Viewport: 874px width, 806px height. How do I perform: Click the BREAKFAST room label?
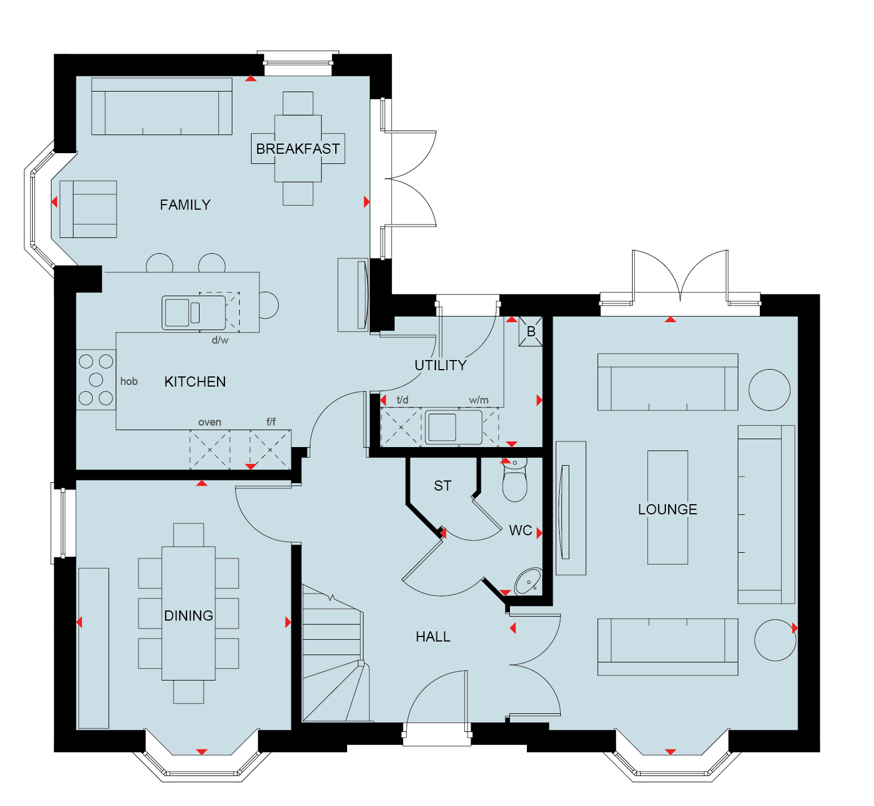[x=298, y=149]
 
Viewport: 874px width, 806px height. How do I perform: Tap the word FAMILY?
[x=185, y=205]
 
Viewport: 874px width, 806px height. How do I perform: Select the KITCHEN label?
[x=195, y=382]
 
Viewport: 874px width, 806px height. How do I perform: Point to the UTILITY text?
[x=440, y=365]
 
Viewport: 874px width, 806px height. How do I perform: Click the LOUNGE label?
[x=668, y=509]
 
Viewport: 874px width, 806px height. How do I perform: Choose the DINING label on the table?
[x=188, y=616]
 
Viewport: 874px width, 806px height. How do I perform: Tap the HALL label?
[x=433, y=636]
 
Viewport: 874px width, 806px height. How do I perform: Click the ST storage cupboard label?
[x=443, y=486]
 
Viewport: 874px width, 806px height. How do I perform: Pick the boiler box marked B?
[x=531, y=332]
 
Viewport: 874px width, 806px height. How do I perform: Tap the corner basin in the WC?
[x=528, y=582]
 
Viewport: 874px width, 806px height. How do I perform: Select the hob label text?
[x=129, y=382]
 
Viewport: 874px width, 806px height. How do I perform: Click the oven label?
[x=210, y=422]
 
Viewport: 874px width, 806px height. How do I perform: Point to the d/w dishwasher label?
[x=220, y=340]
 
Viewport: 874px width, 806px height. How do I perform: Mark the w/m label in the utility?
[x=479, y=400]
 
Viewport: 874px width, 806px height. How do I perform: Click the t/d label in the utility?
[x=403, y=400]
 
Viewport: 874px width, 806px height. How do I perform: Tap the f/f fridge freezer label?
[x=271, y=422]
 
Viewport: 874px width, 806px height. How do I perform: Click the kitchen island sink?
[x=194, y=313]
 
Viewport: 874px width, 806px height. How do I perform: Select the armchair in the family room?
[x=88, y=209]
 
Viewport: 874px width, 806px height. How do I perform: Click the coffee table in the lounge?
[x=668, y=508]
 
